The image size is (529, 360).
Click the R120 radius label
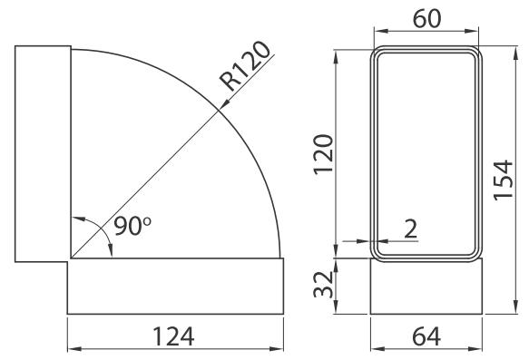(x=245, y=66)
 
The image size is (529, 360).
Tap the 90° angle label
(x=132, y=225)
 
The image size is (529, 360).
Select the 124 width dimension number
(x=173, y=336)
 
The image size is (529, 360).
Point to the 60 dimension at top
(x=426, y=18)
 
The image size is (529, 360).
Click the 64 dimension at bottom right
(x=426, y=336)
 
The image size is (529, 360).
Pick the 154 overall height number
(x=503, y=180)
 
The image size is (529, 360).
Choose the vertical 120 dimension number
(x=324, y=154)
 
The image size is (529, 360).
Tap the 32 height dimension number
(x=324, y=284)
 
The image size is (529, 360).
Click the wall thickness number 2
(x=411, y=229)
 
